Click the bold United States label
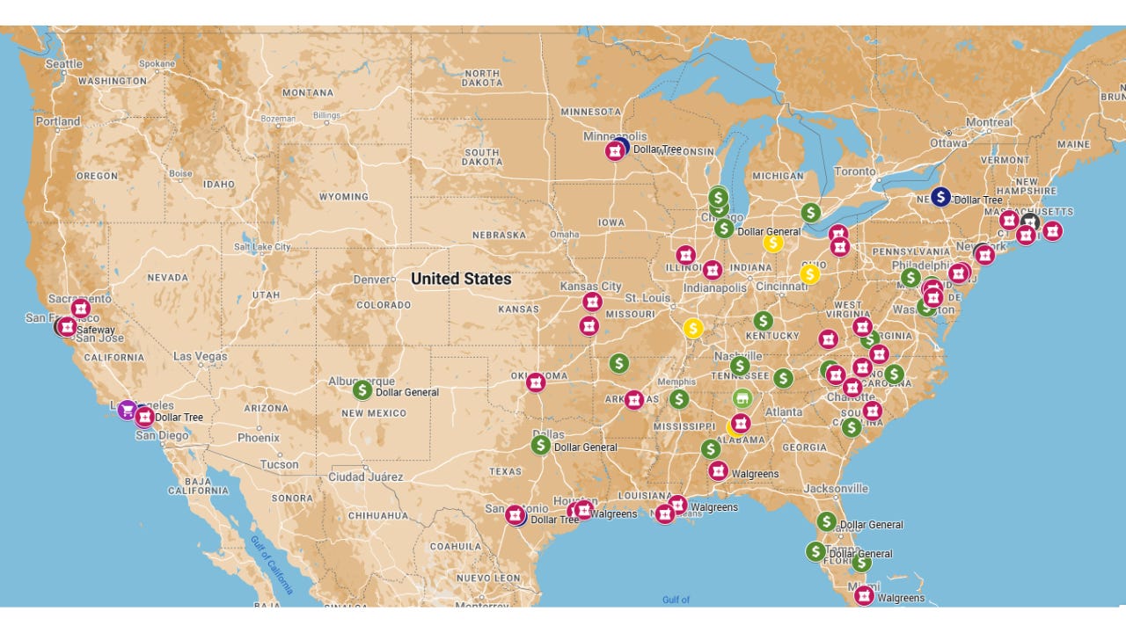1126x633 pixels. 460,279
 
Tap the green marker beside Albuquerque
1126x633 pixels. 362,389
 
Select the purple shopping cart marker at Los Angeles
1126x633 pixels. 128,410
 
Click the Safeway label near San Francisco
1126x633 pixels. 96,331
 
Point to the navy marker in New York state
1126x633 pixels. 940,196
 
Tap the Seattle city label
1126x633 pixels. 63,63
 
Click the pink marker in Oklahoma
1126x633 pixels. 536,382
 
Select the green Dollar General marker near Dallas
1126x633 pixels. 540,445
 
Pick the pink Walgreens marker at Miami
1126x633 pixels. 864,595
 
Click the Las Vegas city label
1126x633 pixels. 200,356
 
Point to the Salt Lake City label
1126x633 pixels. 261,247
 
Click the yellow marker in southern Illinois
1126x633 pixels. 693,328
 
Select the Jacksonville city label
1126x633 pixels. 835,488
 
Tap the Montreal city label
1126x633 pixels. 989,122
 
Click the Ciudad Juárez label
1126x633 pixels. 365,477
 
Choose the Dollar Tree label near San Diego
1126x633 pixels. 179,417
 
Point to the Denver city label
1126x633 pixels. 369,280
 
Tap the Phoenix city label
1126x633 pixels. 258,437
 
